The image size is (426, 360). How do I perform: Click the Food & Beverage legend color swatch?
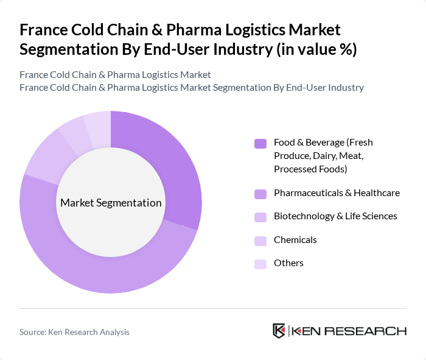coord(260,144)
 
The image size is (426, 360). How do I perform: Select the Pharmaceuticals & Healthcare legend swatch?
coord(260,194)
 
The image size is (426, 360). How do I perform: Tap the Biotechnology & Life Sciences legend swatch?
coord(260,217)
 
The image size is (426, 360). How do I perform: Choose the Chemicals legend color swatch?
coord(260,241)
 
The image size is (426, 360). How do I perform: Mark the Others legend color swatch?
coord(260,264)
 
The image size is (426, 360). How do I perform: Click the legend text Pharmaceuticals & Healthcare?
coord(337,193)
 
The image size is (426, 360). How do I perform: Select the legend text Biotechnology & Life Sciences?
coord(335,216)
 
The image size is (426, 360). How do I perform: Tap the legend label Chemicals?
coord(295,239)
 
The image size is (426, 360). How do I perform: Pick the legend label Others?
coord(288,263)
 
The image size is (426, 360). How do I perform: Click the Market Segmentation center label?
coord(111,203)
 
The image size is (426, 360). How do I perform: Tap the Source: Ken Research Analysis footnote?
coord(74,332)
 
